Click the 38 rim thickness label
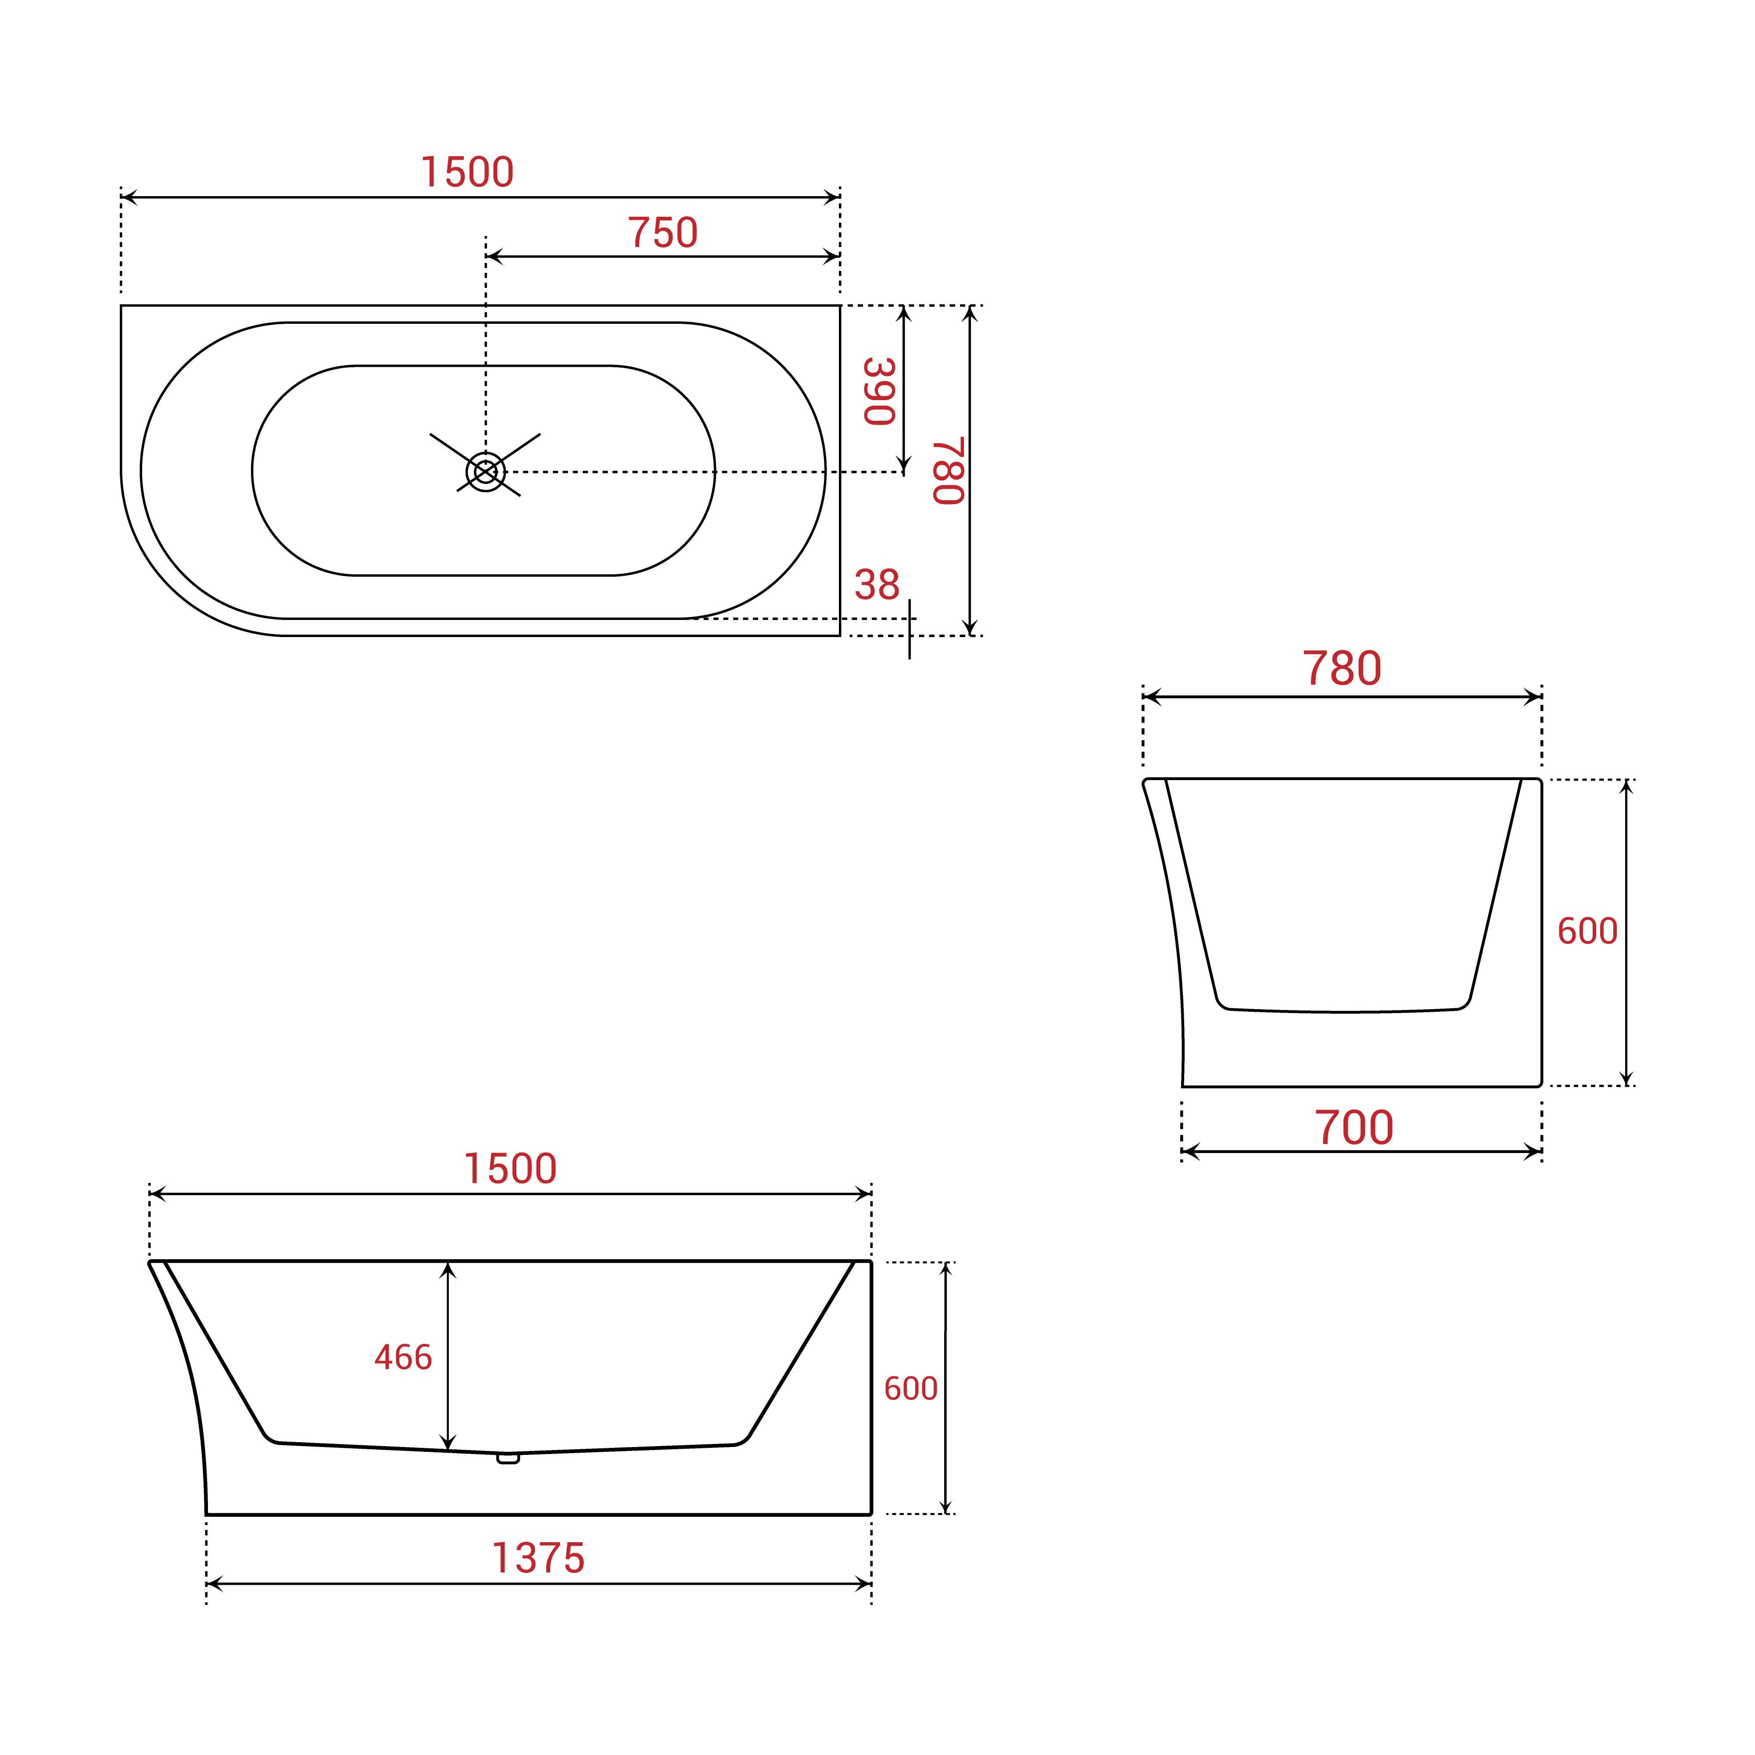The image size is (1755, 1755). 877,585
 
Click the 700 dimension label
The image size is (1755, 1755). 1354,1128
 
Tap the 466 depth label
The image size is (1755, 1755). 403,1357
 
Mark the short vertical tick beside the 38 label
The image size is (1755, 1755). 909,629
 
